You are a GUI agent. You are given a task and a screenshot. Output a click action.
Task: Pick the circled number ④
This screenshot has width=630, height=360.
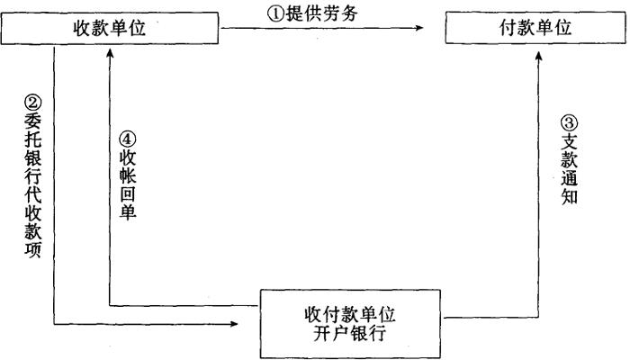coord(128,139)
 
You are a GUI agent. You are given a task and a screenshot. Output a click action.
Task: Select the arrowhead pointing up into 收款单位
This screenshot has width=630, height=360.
coord(108,51)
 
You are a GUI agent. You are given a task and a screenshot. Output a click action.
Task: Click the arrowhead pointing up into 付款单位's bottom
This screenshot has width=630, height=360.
coord(536,52)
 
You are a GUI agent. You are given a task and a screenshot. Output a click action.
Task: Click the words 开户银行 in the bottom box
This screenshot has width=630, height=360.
coord(352,333)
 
